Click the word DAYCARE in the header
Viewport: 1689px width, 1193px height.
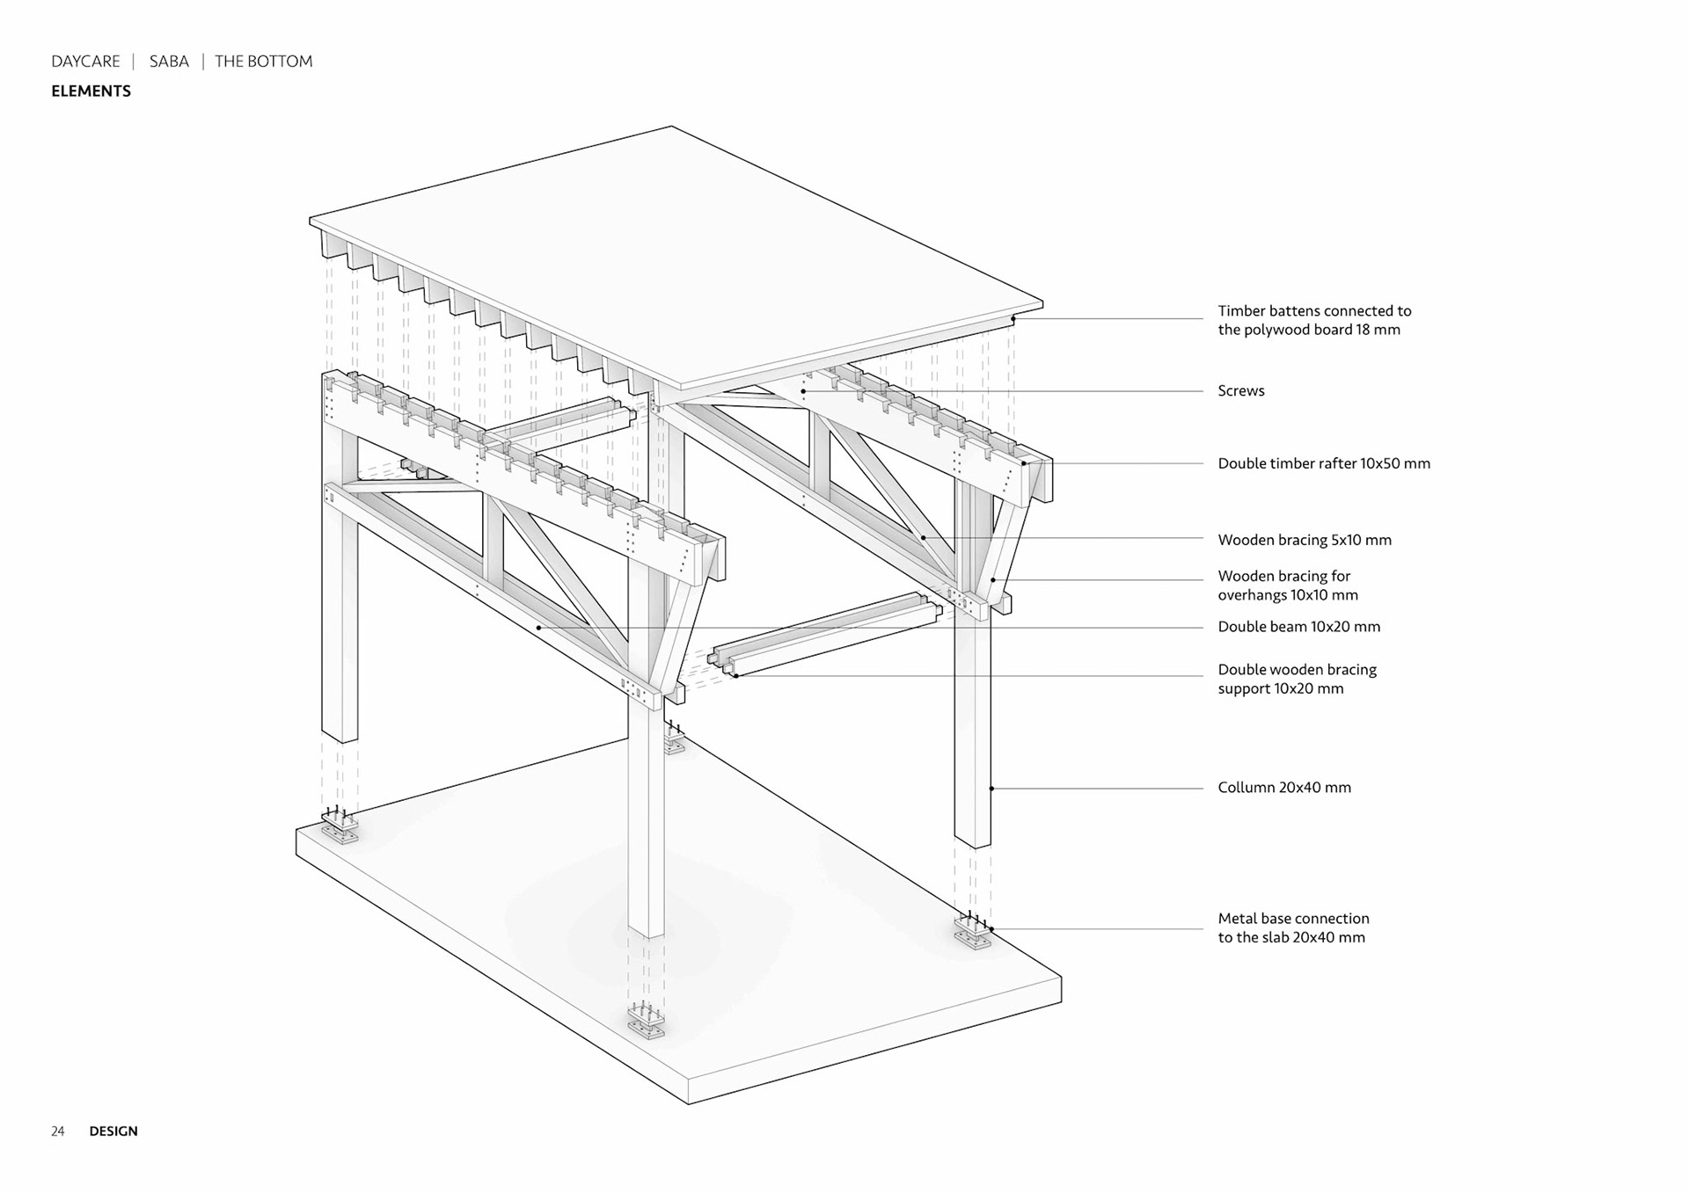tap(85, 62)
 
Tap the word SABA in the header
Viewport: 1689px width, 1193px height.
tap(169, 62)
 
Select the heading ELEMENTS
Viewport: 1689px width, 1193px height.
tap(91, 91)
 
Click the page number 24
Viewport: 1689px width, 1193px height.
tap(58, 1131)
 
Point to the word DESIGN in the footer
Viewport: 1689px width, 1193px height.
tap(113, 1131)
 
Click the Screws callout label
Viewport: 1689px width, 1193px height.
tap(1240, 391)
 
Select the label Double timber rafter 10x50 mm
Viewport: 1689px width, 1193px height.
tap(1323, 463)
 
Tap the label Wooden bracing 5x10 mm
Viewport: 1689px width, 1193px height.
tap(1304, 540)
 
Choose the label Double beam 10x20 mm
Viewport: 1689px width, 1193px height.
tap(1298, 627)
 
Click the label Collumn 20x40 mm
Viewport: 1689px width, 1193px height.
tap(1283, 788)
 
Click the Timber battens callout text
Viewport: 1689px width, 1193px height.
tap(1313, 320)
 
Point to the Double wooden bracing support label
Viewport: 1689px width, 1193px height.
tap(1297, 679)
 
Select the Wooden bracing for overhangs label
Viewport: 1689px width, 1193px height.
tap(1287, 586)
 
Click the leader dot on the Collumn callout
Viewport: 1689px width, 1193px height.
tap(991, 789)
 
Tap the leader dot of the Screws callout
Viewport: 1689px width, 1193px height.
tap(803, 391)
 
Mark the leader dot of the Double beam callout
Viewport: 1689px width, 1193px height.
tap(538, 628)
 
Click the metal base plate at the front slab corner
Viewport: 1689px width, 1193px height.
tap(647, 1024)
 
